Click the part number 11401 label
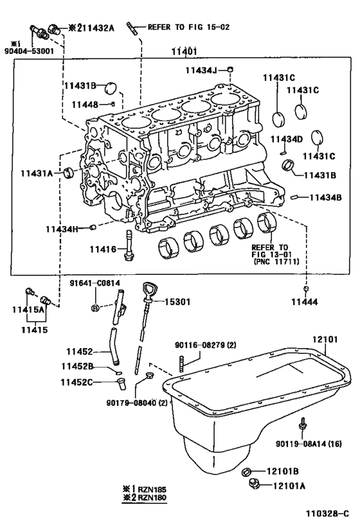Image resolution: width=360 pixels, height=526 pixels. tap(184, 53)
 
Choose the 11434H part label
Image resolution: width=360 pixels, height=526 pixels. tap(62, 228)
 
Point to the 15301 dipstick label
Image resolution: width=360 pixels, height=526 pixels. tap(177, 302)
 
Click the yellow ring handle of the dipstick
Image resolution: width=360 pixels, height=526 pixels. tap(148, 290)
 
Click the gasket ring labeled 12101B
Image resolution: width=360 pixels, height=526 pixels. tap(246, 473)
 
